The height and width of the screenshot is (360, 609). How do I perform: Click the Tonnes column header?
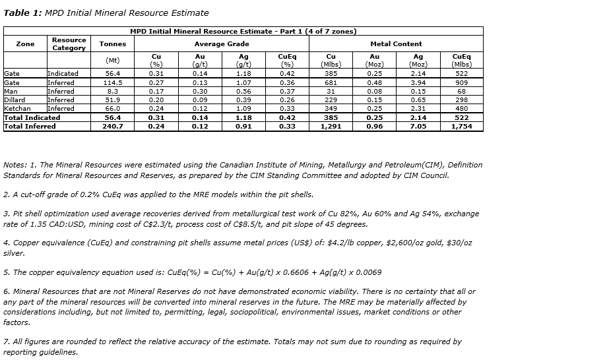pos(112,44)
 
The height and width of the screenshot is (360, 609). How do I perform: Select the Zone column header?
pos(25,44)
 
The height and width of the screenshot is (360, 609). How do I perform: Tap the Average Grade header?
pos(222,44)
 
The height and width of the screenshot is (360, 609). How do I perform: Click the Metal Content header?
pos(397,44)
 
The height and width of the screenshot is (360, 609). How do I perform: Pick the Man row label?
pos(11,91)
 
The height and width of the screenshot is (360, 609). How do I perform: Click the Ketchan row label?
pos(17,108)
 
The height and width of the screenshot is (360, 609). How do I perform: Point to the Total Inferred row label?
pos(30,127)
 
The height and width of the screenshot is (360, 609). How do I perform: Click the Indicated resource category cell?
pos(63,73)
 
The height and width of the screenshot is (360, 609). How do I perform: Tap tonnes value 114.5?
pos(112,82)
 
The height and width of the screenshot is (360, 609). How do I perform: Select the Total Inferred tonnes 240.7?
pos(112,127)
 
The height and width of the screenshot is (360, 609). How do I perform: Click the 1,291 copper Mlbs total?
pos(331,127)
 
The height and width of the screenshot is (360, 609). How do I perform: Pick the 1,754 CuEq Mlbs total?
pos(461,127)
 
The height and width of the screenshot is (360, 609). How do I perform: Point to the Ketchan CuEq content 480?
pos(461,108)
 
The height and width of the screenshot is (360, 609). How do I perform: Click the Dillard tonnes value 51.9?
pos(112,100)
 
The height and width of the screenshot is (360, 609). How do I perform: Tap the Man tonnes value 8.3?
pos(112,91)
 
